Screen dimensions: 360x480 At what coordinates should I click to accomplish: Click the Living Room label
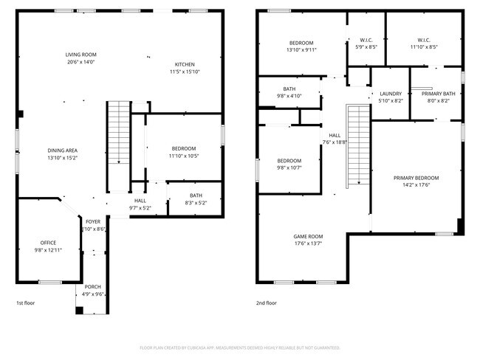click(81, 55)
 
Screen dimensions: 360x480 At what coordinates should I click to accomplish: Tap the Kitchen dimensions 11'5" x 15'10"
click(184, 72)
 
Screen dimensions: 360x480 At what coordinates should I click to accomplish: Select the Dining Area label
click(62, 150)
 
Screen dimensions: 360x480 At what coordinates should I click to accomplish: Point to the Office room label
click(48, 243)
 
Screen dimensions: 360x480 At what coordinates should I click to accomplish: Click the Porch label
click(93, 286)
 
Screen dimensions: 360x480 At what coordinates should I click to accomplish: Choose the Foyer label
click(93, 221)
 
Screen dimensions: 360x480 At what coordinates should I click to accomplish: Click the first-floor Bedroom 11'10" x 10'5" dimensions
click(184, 156)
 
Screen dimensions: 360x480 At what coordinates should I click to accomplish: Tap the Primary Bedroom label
click(416, 178)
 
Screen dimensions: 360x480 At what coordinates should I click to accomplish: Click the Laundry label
click(391, 94)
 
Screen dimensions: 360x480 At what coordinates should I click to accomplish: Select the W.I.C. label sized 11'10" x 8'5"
click(423, 40)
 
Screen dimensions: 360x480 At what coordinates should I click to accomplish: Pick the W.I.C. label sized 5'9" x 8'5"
click(367, 40)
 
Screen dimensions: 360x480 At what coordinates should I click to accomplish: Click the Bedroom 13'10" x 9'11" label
click(301, 43)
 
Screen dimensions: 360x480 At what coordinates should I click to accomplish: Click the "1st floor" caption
click(25, 303)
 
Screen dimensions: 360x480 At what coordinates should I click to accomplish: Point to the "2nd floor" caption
click(267, 303)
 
